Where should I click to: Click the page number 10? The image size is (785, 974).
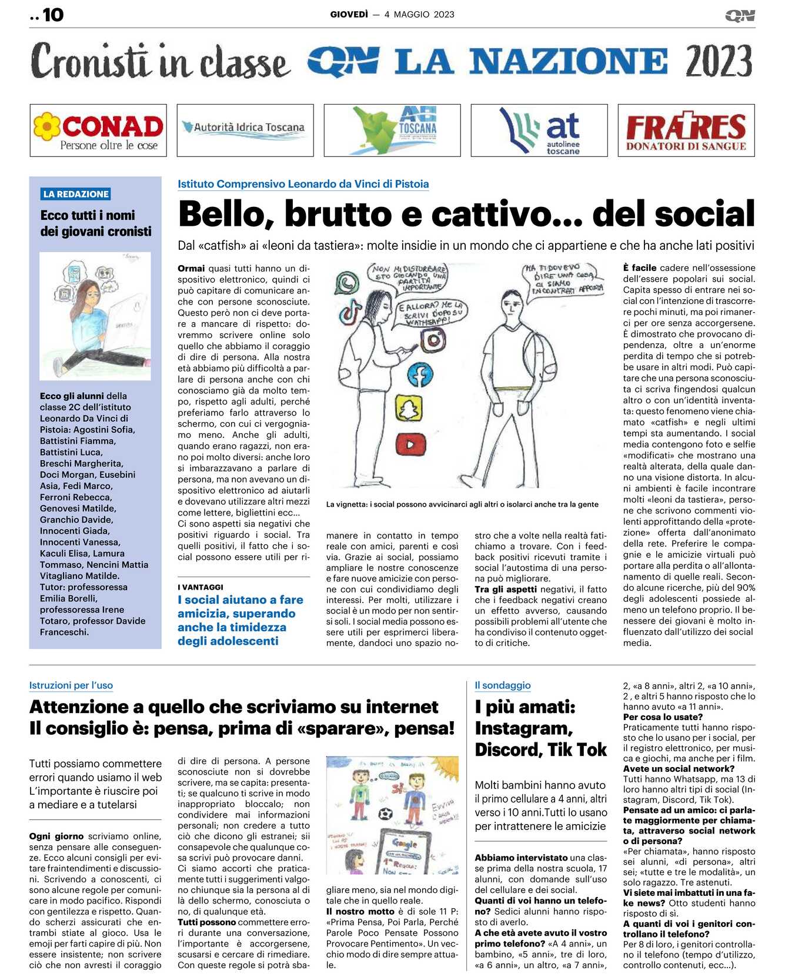(53, 15)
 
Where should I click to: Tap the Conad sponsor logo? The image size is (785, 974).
(98, 130)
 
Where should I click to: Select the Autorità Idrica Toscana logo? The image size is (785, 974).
(245, 130)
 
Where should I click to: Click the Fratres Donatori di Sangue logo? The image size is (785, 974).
(686, 130)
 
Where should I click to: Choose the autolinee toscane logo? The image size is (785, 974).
(539, 130)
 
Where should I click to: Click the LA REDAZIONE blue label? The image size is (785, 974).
(76, 194)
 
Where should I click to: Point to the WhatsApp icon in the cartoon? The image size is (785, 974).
(347, 283)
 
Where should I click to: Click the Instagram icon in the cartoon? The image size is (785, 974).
(434, 340)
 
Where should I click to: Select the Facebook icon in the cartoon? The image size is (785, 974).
(420, 374)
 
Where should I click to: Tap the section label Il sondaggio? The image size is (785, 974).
(502, 685)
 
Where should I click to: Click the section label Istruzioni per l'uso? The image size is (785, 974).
(71, 685)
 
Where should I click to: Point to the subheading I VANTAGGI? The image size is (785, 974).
(201, 587)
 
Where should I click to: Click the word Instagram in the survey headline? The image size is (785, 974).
(523, 729)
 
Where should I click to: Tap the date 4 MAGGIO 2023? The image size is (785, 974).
(419, 15)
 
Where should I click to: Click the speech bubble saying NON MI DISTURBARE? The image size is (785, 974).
(409, 277)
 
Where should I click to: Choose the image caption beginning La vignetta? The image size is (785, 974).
(462, 504)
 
